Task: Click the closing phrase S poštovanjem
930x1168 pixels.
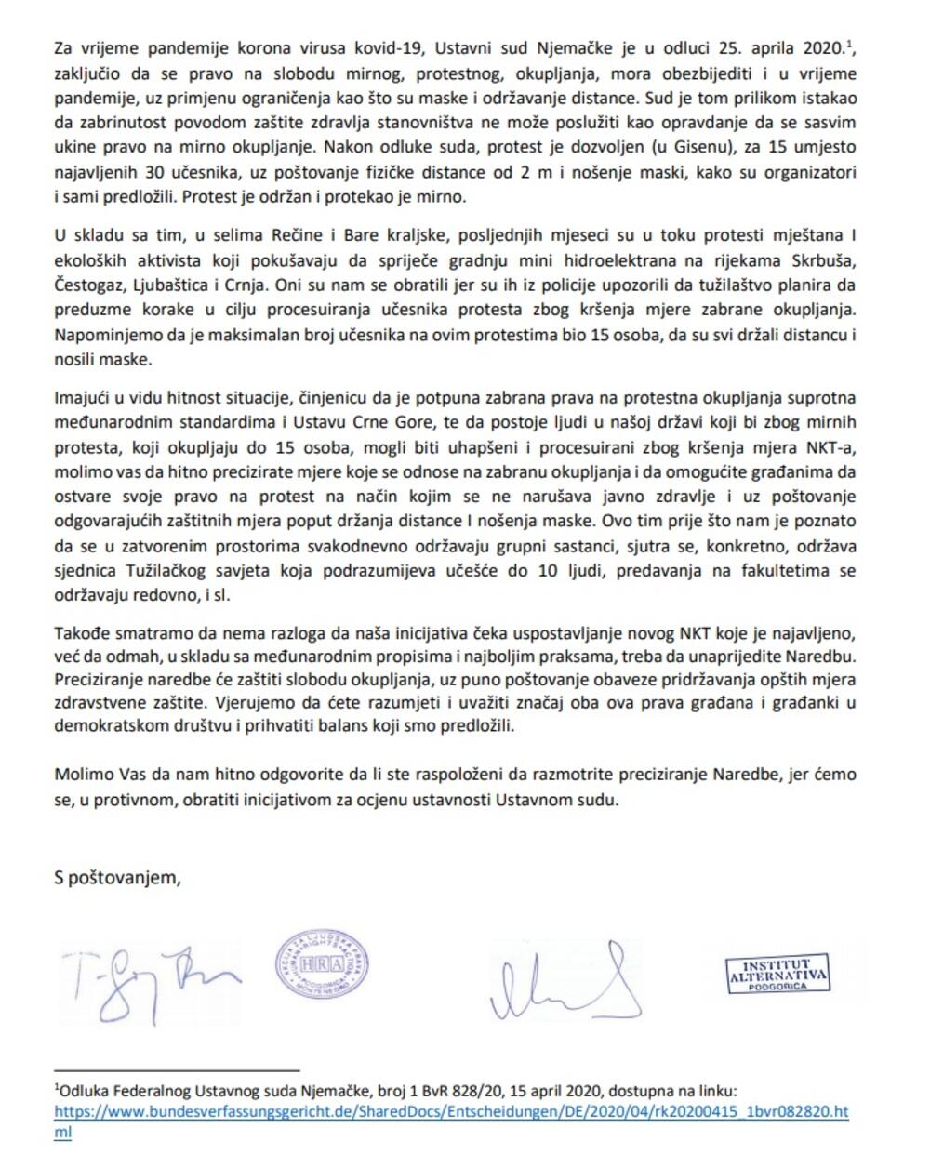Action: click(117, 877)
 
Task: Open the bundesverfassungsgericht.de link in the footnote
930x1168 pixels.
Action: click(451, 1111)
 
